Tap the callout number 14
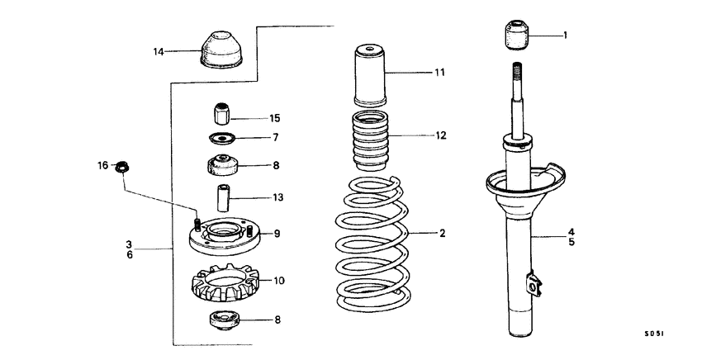pyautogui.click(x=159, y=52)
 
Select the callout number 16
pyautogui.click(x=103, y=166)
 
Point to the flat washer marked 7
pyautogui.click(x=221, y=137)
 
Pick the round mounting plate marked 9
pyautogui.click(x=221, y=236)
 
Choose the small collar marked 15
pyautogui.click(x=221, y=111)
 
